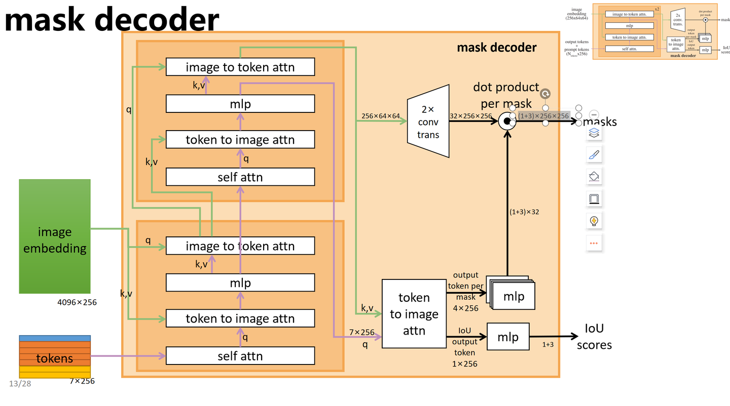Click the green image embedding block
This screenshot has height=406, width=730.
click(x=55, y=236)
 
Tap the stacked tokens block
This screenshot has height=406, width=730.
click(x=55, y=356)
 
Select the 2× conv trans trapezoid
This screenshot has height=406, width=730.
click(x=428, y=121)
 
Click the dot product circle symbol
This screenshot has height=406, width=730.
click(x=506, y=121)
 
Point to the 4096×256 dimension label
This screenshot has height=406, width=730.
click(x=77, y=302)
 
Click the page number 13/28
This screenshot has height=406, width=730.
click(x=20, y=384)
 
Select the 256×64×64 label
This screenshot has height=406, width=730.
click(x=381, y=116)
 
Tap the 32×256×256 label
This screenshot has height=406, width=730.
click(x=470, y=116)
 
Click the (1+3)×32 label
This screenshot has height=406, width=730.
click(x=524, y=212)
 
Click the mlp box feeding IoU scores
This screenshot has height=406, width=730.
click(x=508, y=336)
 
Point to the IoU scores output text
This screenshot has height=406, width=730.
click(x=594, y=337)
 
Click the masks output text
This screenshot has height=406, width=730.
click(x=600, y=122)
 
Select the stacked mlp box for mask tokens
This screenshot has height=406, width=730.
click(x=513, y=295)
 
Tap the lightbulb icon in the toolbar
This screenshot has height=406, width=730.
click(x=594, y=221)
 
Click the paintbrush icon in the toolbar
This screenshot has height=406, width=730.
click(x=594, y=155)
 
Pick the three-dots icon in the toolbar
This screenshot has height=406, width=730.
click(x=594, y=243)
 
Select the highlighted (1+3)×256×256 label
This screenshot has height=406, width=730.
click(x=543, y=116)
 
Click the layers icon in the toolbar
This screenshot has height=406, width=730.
click(x=594, y=133)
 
